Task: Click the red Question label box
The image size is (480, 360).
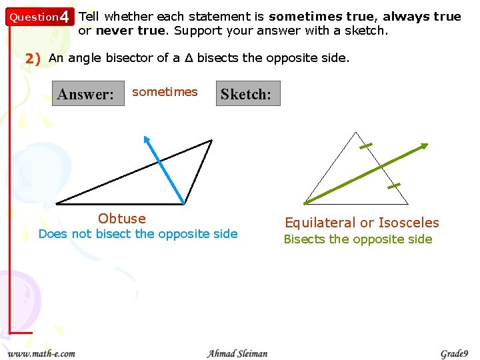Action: [33, 17]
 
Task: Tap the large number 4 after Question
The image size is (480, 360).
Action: [64, 17]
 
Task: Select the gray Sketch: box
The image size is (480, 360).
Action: [247, 94]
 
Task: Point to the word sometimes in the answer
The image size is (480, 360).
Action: [165, 92]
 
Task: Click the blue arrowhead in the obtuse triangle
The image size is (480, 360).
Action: [147, 140]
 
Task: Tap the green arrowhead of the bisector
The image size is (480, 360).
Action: [423, 146]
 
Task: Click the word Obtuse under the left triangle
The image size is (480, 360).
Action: [121, 219]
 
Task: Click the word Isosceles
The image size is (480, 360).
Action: [409, 223]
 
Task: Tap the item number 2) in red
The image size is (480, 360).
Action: [33, 58]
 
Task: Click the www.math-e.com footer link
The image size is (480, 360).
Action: [41, 353]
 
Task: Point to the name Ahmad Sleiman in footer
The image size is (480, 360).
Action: [237, 353]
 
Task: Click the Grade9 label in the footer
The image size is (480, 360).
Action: [455, 353]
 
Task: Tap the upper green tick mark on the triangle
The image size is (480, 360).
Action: [365, 146]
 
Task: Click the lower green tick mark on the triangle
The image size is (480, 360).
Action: [393, 185]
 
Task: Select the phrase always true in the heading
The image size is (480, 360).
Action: [422, 17]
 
